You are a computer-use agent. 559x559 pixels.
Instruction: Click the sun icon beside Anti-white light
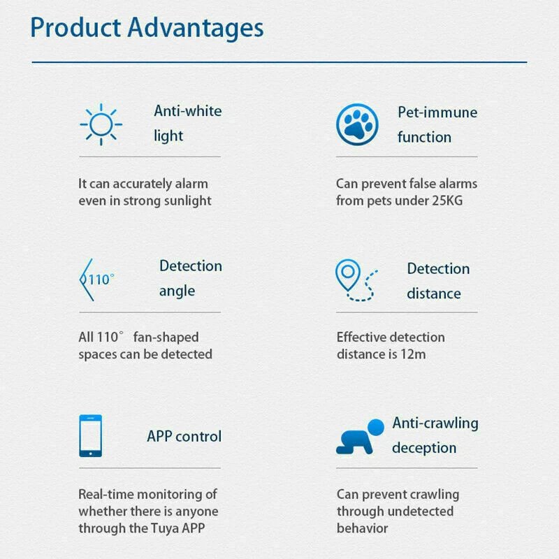coord(101,124)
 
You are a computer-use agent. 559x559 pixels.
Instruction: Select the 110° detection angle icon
coord(96,279)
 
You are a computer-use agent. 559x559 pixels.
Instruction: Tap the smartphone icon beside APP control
coord(90,435)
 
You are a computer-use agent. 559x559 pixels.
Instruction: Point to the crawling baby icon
coord(360,437)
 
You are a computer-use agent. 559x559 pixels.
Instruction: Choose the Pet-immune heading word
coord(437,112)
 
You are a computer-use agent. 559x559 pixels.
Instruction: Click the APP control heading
coord(184,437)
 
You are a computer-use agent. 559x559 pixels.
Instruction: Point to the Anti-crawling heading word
coord(435,423)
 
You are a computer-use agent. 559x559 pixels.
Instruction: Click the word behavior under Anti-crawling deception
coord(362,528)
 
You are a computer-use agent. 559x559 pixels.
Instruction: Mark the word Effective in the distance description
coord(361,337)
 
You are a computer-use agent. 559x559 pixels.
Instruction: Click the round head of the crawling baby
coord(376,426)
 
